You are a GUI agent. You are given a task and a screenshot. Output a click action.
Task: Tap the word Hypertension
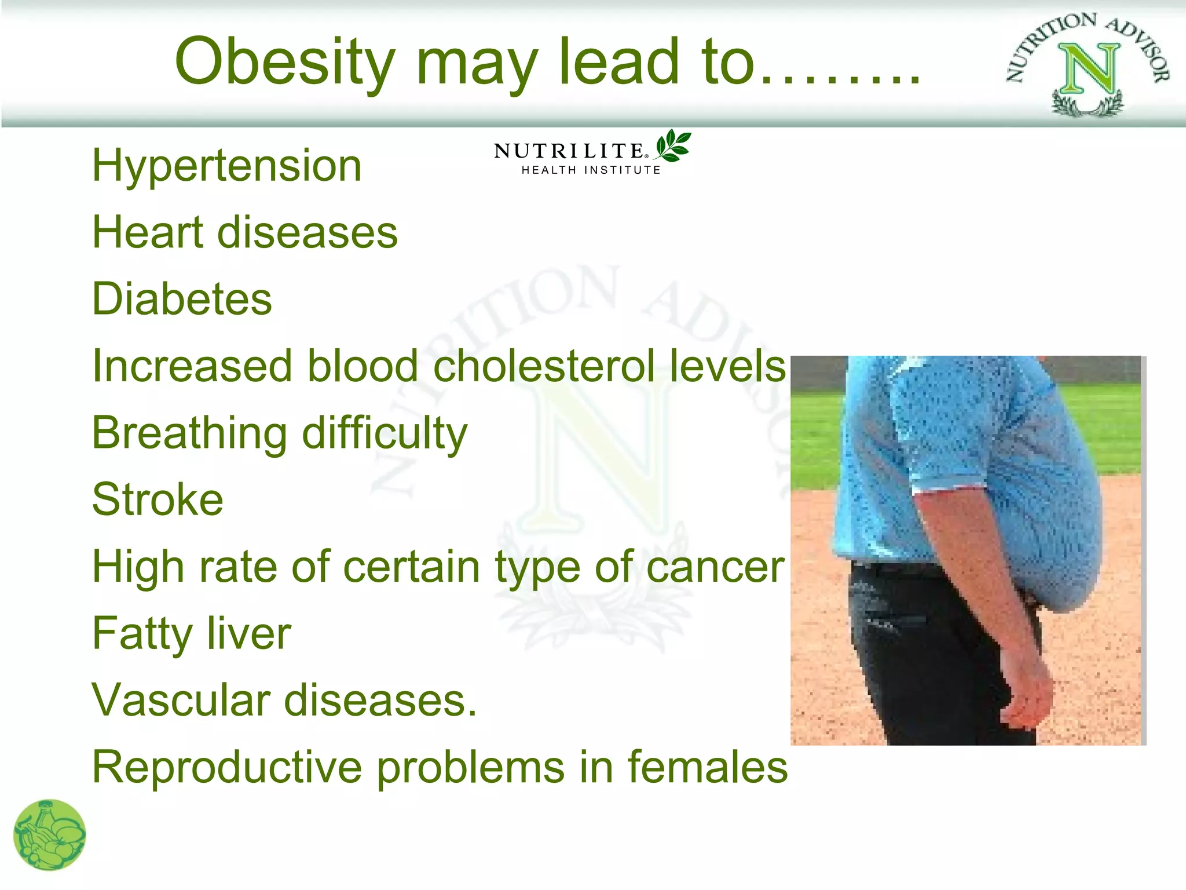[227, 166]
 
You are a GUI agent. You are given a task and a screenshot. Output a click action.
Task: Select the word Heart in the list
[148, 232]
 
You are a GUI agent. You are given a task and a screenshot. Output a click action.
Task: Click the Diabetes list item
[182, 300]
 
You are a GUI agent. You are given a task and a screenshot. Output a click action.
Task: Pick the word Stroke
[158, 499]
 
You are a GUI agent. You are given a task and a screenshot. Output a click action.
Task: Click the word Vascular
[181, 700]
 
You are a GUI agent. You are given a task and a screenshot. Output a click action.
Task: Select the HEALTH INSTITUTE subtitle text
[591, 170]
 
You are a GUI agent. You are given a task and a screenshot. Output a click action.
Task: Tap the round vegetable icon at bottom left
[50, 835]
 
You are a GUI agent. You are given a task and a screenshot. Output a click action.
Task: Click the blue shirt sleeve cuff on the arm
[950, 487]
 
